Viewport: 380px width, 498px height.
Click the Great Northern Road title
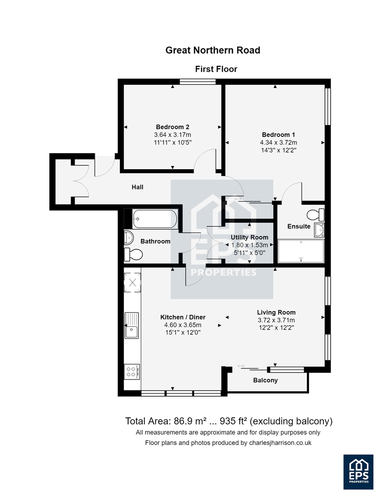(x=213, y=50)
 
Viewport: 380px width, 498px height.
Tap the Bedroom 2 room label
(x=172, y=127)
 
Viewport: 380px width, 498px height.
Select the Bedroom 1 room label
(x=279, y=135)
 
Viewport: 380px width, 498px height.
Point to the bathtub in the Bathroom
(x=155, y=219)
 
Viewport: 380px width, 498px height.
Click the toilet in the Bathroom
(x=133, y=255)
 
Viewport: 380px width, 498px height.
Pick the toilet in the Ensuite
(x=315, y=215)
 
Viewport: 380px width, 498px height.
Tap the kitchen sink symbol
(x=131, y=326)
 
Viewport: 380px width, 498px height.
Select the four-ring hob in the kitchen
(x=131, y=372)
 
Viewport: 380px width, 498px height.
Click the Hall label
(x=137, y=187)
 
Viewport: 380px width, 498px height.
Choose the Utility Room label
(x=249, y=237)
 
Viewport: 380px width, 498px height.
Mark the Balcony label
(x=265, y=380)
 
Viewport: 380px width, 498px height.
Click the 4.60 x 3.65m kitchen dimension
(x=183, y=325)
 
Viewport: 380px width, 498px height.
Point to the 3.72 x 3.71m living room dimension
(x=276, y=320)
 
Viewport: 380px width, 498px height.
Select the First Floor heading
(x=216, y=69)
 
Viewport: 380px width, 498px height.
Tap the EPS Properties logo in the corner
(x=358, y=472)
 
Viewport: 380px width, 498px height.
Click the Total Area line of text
(x=229, y=421)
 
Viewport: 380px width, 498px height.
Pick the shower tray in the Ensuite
(x=301, y=251)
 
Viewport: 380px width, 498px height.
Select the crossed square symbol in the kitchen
(x=132, y=282)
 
